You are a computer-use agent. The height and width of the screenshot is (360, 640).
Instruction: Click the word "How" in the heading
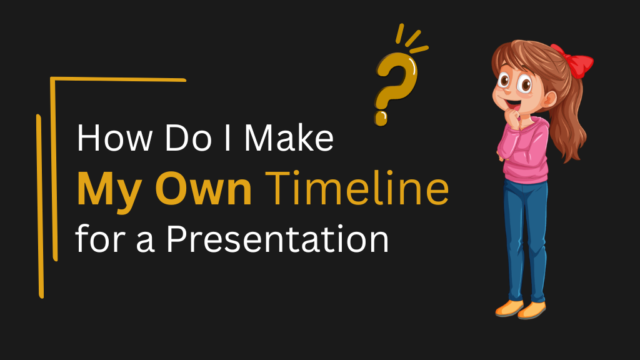coord(107,139)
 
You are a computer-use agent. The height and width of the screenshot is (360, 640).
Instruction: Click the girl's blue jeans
coord(525,237)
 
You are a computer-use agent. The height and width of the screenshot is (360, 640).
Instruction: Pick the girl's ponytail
coord(572,119)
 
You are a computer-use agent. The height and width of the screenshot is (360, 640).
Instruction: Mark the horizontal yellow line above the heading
coord(119,80)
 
